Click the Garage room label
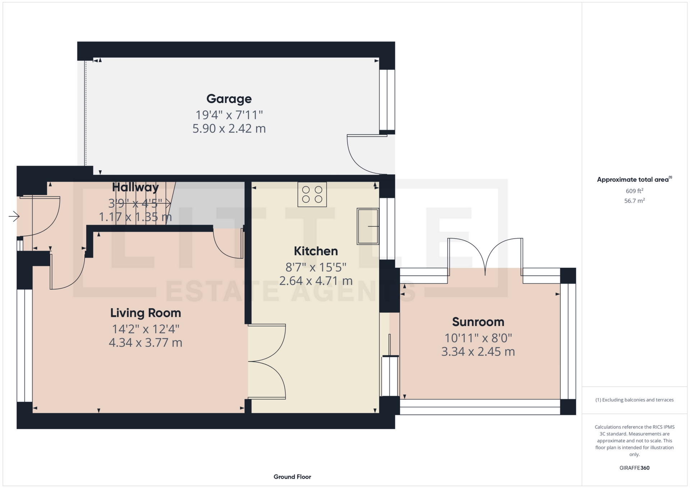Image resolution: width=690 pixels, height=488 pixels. pyautogui.click(x=229, y=98)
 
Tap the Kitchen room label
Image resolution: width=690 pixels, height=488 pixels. pyautogui.click(x=316, y=251)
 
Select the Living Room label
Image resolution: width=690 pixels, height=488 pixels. pyautogui.click(x=146, y=313)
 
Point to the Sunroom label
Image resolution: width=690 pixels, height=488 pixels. pyautogui.click(x=478, y=322)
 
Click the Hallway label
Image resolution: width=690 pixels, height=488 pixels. pyautogui.click(x=135, y=187)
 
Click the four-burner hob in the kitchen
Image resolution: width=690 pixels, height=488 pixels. pyautogui.click(x=312, y=194)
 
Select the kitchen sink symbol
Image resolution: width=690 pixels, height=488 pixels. pyautogui.click(x=368, y=226)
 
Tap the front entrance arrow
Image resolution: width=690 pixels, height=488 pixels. pyautogui.click(x=14, y=216)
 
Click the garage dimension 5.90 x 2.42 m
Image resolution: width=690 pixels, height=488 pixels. pyautogui.click(x=229, y=128)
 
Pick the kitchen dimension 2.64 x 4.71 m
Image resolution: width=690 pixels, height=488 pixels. pyautogui.click(x=316, y=281)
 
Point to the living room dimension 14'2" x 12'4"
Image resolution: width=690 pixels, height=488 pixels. pyautogui.click(x=146, y=329)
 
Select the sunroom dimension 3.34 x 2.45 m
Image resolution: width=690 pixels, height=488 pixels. pyautogui.click(x=478, y=351)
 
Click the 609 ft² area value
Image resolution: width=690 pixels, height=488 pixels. pyautogui.click(x=634, y=191)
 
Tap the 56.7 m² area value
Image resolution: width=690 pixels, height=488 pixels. pyautogui.click(x=634, y=201)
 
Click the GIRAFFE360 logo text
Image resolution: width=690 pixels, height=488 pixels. pyautogui.click(x=634, y=468)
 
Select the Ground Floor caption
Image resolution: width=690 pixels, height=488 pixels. pyautogui.click(x=292, y=477)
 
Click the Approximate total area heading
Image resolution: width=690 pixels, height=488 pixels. pyautogui.click(x=634, y=179)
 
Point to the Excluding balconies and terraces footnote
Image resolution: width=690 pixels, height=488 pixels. pyautogui.click(x=634, y=400)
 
